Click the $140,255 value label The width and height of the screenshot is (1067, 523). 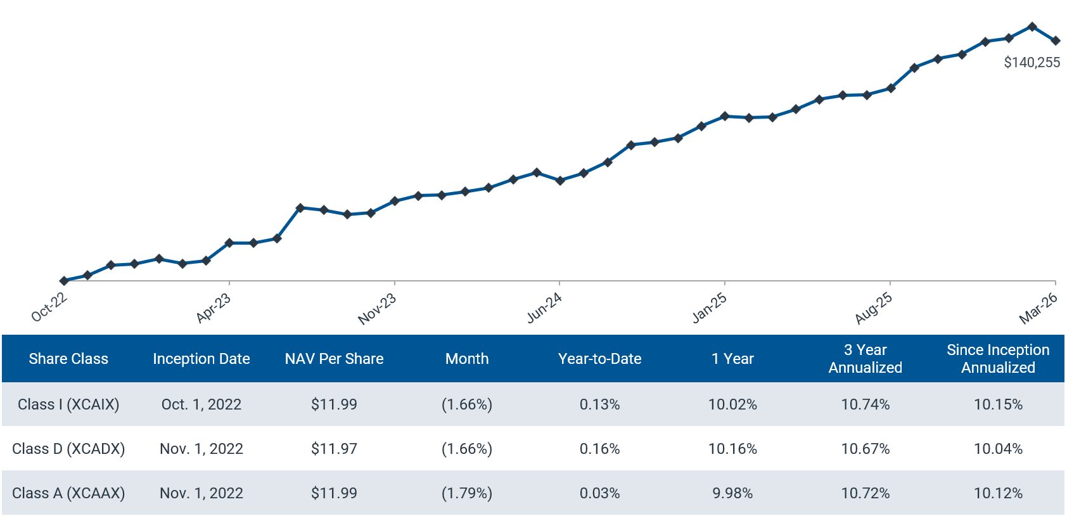coord(1032,62)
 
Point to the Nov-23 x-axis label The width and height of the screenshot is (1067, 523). coord(378,309)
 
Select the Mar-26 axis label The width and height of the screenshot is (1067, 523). coord(1038,309)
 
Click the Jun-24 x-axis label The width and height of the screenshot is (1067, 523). coord(544,307)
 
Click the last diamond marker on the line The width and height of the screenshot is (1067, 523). coord(1056,41)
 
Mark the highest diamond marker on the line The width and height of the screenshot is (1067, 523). coord(1032,27)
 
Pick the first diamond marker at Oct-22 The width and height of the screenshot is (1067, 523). coord(64,280)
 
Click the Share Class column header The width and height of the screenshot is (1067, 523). coord(68,359)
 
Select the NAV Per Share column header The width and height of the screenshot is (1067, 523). coord(334,359)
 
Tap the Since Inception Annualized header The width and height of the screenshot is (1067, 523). coord(998,359)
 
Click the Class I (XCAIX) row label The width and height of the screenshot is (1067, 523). coord(68,404)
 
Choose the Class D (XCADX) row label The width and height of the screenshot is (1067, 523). coord(68,449)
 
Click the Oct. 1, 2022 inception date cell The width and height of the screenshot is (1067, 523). coord(201,404)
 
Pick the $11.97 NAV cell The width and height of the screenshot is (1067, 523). coord(334,449)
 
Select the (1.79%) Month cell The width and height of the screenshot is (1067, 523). coord(467,493)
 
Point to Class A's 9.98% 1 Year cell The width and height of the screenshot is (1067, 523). coord(732,493)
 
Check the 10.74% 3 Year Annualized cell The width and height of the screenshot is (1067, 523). coord(866,404)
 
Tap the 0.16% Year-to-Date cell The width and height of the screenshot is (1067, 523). coord(599,449)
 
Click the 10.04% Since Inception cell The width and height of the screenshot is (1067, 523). coord(998,449)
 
